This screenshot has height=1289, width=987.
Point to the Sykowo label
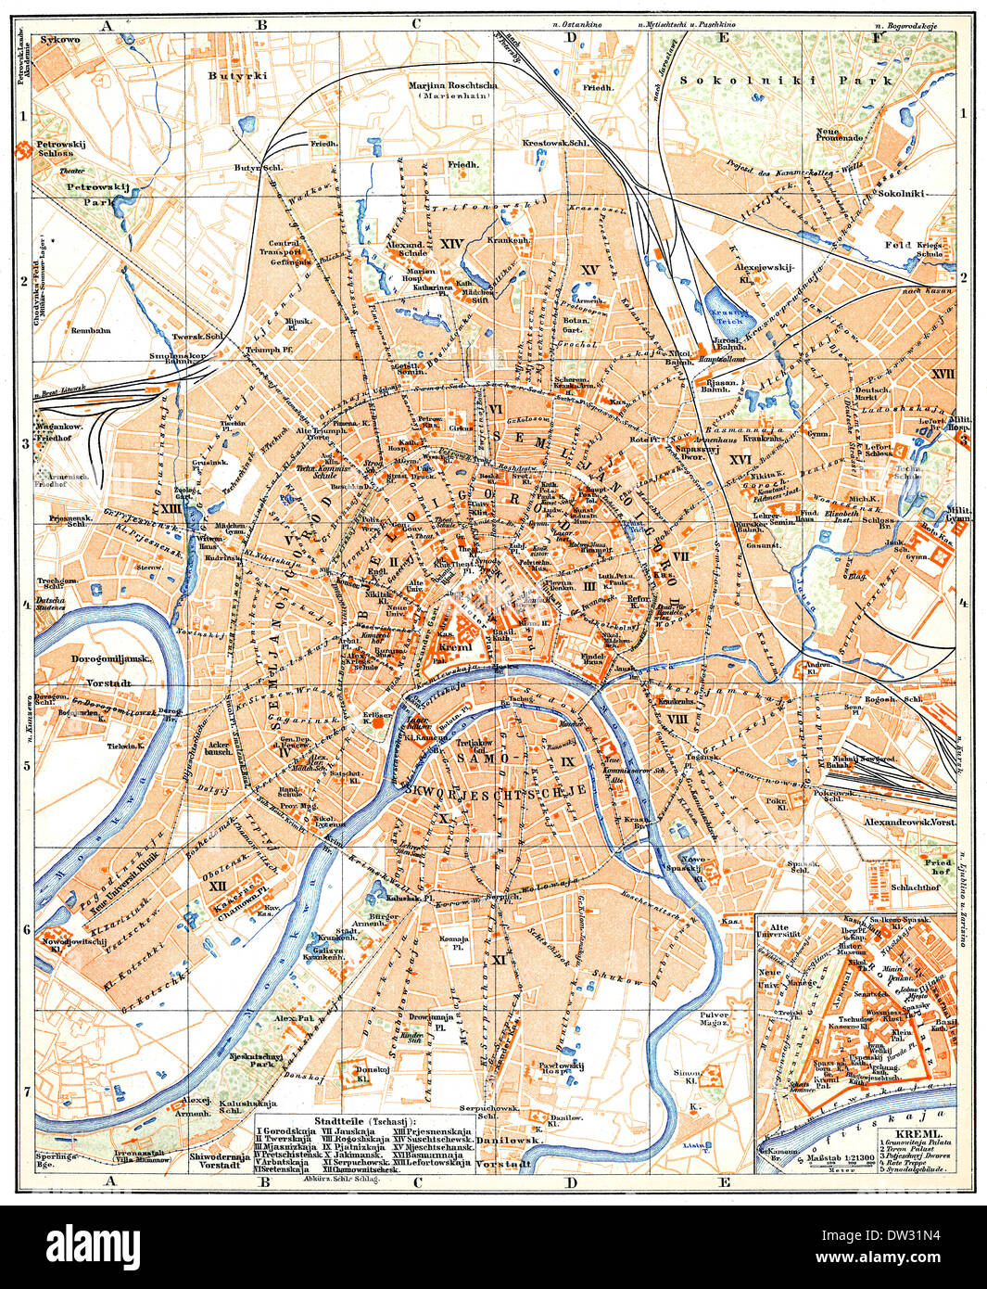coord(60,40)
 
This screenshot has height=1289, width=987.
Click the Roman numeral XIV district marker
coord(451,244)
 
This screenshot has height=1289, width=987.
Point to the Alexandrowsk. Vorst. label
coord(907,822)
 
